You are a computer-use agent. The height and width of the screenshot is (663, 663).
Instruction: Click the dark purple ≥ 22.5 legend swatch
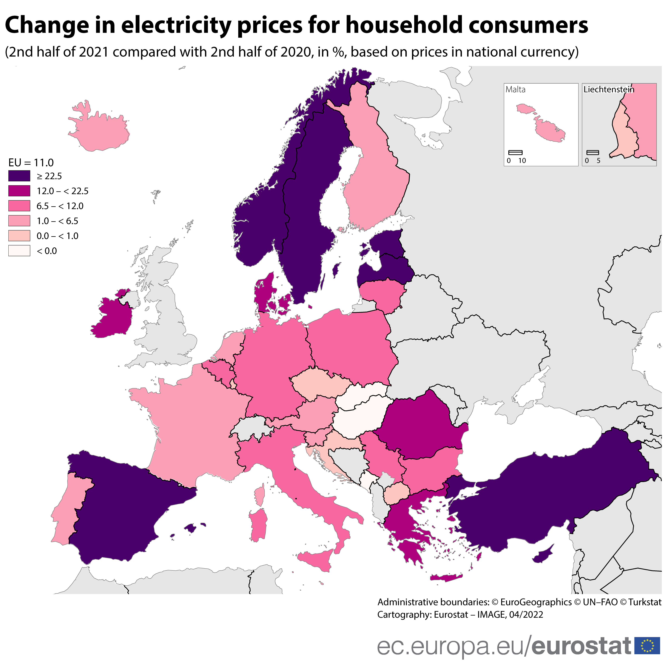tap(19, 176)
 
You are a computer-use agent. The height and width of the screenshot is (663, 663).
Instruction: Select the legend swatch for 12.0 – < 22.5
tap(19, 191)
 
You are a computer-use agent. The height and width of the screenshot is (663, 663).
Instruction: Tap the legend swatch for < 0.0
tap(19, 251)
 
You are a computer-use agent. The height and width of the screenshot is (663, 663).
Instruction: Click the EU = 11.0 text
tap(31, 163)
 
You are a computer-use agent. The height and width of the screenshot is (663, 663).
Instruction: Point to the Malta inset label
tap(515, 90)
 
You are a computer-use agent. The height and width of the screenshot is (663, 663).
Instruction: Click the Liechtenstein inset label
tap(609, 90)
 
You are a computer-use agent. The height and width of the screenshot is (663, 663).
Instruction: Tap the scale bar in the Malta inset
tap(515, 152)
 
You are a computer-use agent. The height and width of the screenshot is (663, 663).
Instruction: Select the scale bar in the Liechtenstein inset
tap(593, 152)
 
